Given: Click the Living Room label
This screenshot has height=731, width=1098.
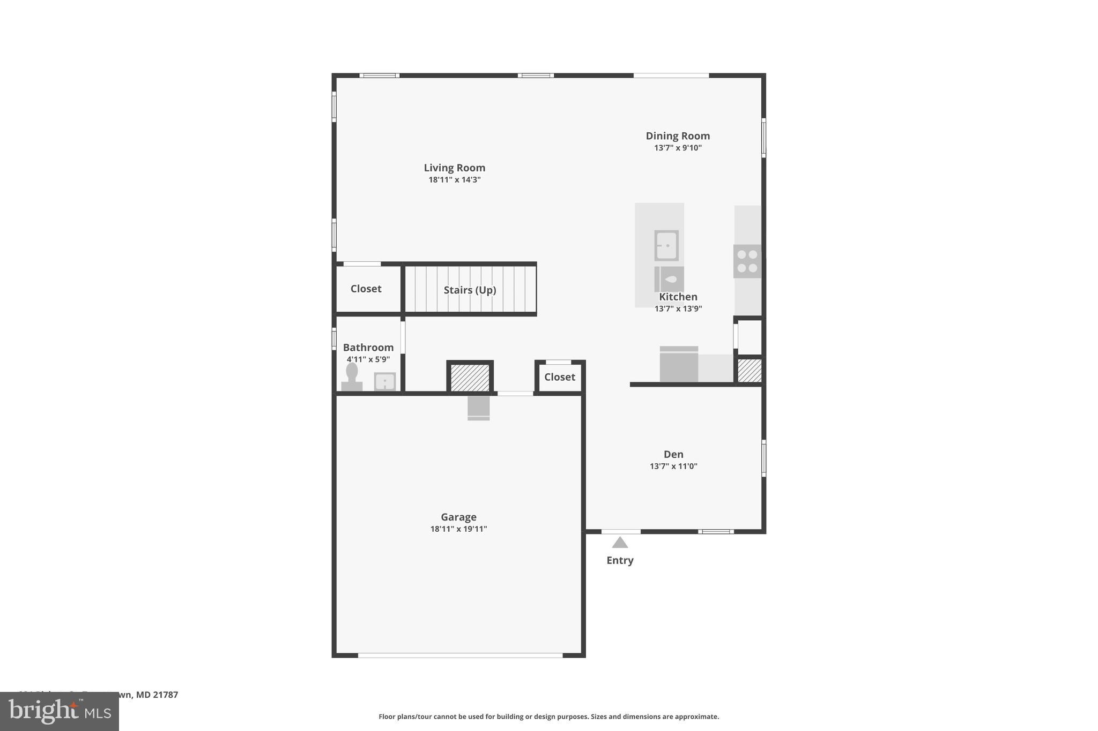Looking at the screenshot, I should pyautogui.click(x=454, y=168).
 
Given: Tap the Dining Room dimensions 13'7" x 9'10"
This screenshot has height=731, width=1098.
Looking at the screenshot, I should pyautogui.click(x=677, y=148).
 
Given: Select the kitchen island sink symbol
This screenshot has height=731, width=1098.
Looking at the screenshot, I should pyautogui.click(x=666, y=245).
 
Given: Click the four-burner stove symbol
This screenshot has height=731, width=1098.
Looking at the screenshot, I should pyautogui.click(x=747, y=261).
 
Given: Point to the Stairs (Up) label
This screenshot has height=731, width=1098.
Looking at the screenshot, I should pyautogui.click(x=470, y=290).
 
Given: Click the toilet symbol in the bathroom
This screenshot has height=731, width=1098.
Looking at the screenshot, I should pyautogui.click(x=352, y=376).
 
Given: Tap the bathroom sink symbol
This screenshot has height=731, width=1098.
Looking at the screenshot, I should pyautogui.click(x=384, y=382).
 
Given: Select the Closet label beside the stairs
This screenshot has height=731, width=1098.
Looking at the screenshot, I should pyautogui.click(x=366, y=289).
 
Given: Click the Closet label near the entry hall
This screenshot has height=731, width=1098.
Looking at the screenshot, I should pyautogui.click(x=559, y=377).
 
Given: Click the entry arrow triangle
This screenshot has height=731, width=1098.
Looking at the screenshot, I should pyautogui.click(x=620, y=542).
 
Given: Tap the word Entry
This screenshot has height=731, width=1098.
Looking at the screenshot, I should pyautogui.click(x=620, y=560).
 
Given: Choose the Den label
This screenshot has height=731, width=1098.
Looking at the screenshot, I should pyautogui.click(x=673, y=454).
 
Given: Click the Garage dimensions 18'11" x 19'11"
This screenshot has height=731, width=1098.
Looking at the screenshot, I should pyautogui.click(x=458, y=529).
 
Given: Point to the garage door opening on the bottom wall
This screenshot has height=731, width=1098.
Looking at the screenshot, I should pyautogui.click(x=460, y=655).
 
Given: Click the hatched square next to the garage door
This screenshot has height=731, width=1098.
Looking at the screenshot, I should pyautogui.click(x=470, y=378).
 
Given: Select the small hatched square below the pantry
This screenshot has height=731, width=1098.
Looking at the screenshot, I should pyautogui.click(x=750, y=370).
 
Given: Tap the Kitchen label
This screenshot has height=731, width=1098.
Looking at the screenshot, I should pyautogui.click(x=678, y=297).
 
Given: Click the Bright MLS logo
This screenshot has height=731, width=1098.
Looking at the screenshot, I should pyautogui.click(x=60, y=711).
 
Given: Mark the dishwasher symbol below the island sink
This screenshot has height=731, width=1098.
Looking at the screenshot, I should pyautogui.click(x=669, y=279).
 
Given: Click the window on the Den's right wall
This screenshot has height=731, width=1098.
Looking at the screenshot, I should pyautogui.click(x=763, y=458).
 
